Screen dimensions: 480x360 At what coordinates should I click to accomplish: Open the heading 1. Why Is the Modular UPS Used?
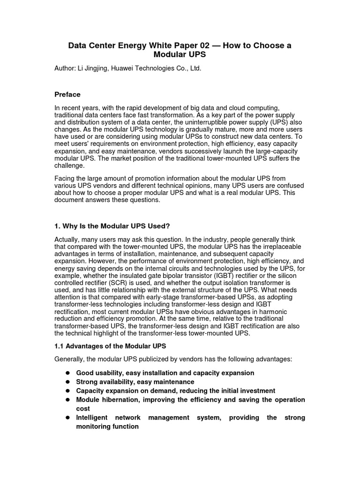click(x=112, y=225)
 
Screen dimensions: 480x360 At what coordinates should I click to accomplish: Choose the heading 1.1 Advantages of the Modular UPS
click(x=111, y=346)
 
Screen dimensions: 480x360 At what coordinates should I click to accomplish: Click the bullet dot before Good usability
click(x=67, y=373)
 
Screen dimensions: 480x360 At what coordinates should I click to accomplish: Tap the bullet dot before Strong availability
click(x=67, y=382)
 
